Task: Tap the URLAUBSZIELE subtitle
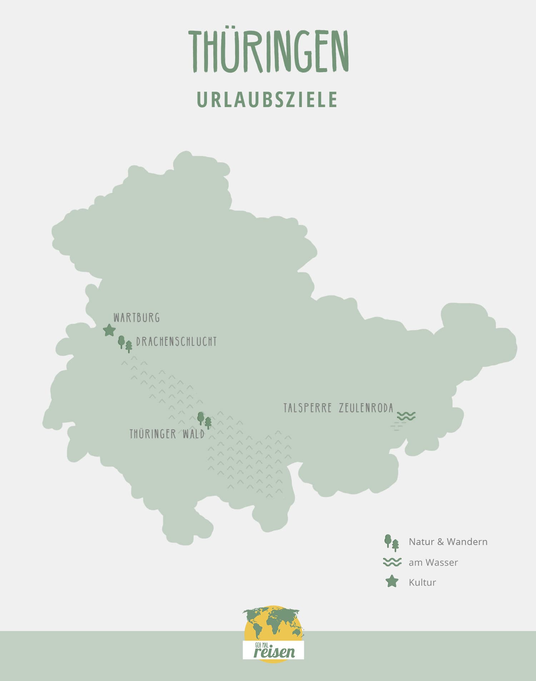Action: click(x=267, y=100)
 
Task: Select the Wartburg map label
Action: click(x=137, y=317)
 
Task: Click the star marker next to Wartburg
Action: click(x=109, y=330)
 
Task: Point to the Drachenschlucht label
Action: click(x=177, y=342)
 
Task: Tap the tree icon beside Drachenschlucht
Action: click(x=125, y=344)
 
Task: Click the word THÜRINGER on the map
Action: click(x=153, y=434)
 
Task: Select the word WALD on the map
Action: click(x=193, y=434)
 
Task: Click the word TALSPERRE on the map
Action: click(x=308, y=408)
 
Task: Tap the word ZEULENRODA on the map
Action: click(x=366, y=408)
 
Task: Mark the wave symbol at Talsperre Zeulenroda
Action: click(x=406, y=416)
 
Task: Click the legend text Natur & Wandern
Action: click(x=448, y=542)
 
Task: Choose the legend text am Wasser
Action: click(x=433, y=563)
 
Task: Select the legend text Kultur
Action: click(x=422, y=582)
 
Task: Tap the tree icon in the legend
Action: click(x=391, y=543)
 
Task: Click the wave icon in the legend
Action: click(x=392, y=562)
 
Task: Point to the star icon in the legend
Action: click(x=392, y=581)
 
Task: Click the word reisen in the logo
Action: click(x=274, y=652)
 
